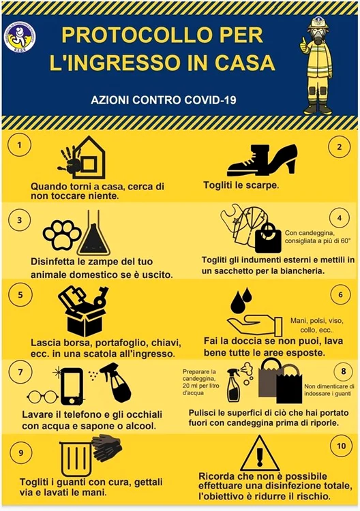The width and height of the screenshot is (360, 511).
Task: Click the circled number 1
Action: click(x=22, y=145)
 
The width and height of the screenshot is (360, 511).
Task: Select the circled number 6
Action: click(x=338, y=295)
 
